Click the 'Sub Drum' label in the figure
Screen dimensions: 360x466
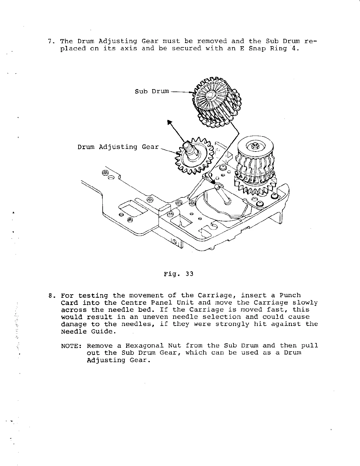pos(152,91)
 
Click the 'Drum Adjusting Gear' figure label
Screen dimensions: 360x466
pos(118,147)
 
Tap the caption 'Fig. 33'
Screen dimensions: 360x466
pos(179,274)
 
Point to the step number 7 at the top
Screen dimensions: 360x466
pos(50,41)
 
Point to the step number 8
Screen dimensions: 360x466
pos(50,295)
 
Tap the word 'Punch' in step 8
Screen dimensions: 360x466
pos(290,295)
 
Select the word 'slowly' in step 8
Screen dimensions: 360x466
pos(307,302)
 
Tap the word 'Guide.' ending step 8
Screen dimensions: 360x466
pos(101,331)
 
